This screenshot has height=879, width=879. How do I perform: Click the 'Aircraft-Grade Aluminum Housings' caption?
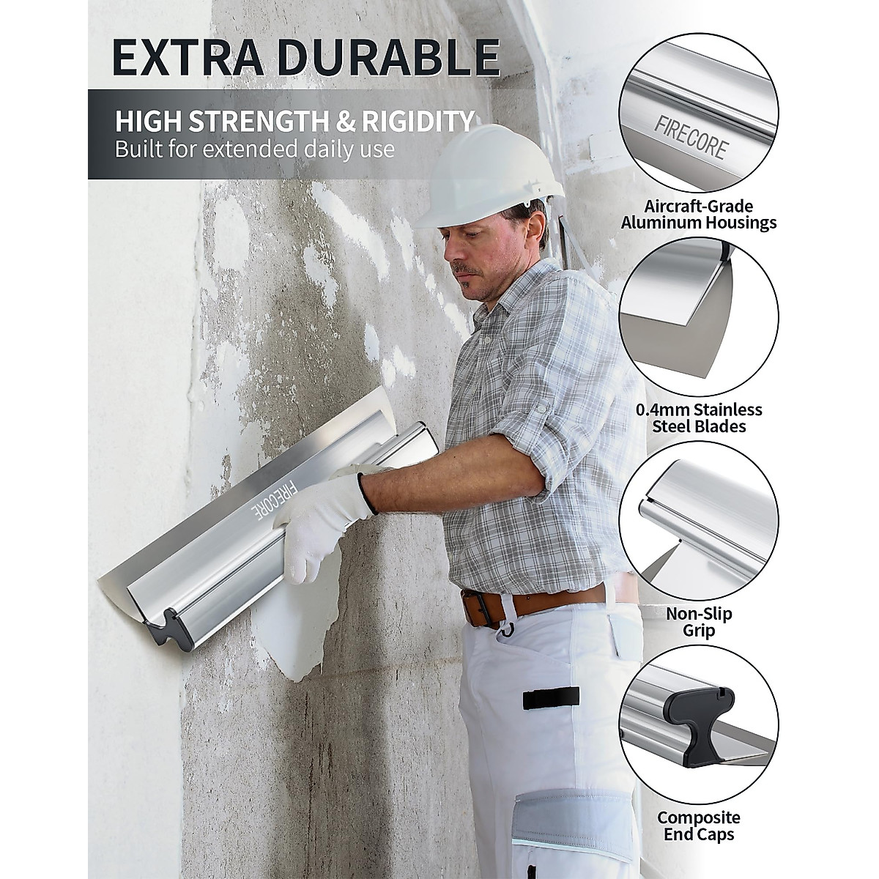(698, 214)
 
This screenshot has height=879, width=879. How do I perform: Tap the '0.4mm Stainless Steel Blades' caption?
(698, 418)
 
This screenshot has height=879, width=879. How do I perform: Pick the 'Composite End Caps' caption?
(698, 826)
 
